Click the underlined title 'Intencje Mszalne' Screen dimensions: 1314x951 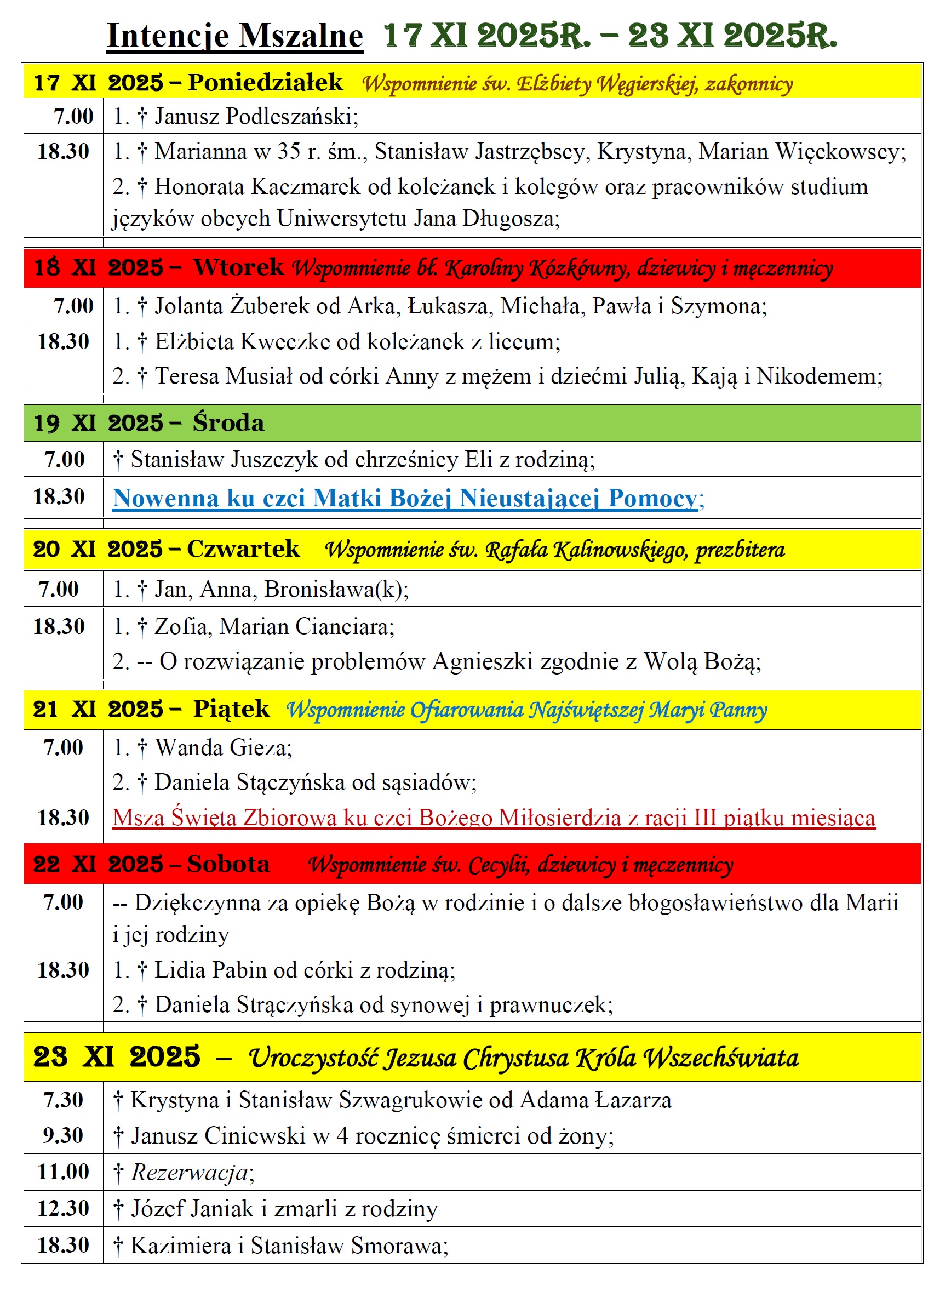coord(234,36)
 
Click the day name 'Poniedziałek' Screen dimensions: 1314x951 coord(265,82)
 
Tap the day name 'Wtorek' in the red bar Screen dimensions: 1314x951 coord(238,267)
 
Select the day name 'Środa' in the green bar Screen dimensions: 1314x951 coord(228,422)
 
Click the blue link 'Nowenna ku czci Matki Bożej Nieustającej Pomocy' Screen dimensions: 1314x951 coord(405,498)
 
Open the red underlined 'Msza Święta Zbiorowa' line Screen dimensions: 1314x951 coord(494,818)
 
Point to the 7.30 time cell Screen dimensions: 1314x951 coord(63,1099)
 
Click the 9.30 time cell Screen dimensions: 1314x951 coord(63,1135)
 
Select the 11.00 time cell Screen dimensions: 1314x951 coord(63,1171)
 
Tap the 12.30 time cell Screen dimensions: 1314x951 coord(63,1208)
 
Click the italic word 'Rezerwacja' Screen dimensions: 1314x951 coord(190,1172)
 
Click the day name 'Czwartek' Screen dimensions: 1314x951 coord(243,549)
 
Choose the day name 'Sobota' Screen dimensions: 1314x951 coord(228,864)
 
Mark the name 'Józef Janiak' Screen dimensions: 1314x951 coord(192,1209)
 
